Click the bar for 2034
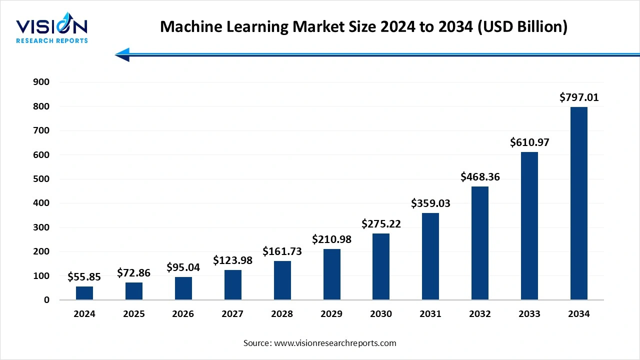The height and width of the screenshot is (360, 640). (x=579, y=203)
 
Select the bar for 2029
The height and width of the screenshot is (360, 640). (x=331, y=274)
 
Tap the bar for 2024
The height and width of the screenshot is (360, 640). (x=84, y=293)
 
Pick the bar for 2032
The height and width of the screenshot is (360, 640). (x=480, y=243)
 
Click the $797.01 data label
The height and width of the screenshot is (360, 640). (x=579, y=97)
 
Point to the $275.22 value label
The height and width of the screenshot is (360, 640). (x=381, y=223)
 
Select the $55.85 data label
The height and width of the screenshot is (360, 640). (x=84, y=276)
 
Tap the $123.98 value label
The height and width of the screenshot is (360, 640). (x=232, y=260)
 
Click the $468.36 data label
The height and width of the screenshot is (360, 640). (x=480, y=176)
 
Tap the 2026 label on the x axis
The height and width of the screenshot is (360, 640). (x=183, y=314)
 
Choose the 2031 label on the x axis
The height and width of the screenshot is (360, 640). (x=430, y=314)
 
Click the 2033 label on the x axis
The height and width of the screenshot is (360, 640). (x=529, y=314)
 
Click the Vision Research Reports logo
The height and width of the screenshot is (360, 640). (x=52, y=30)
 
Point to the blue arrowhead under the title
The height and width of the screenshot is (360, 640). (x=122, y=54)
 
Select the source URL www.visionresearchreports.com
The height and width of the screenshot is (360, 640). (x=335, y=343)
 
